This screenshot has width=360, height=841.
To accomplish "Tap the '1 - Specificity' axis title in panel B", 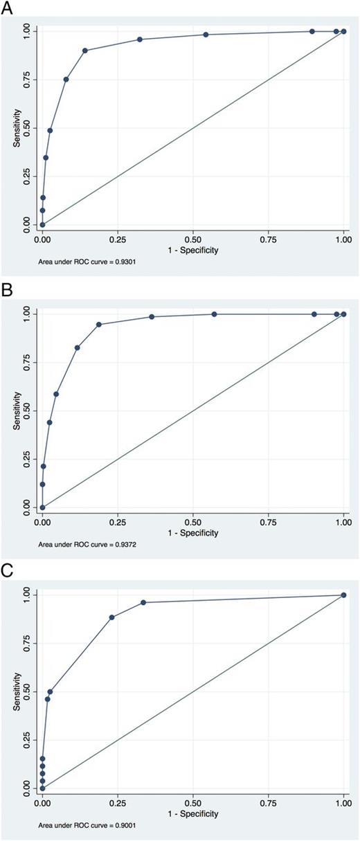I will coord(192,532).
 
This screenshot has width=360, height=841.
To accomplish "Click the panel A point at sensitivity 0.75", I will coord(66,80).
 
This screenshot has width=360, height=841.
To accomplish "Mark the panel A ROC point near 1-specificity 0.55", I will coord(206,35).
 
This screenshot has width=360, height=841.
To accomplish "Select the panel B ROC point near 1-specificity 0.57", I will coord(214,314).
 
